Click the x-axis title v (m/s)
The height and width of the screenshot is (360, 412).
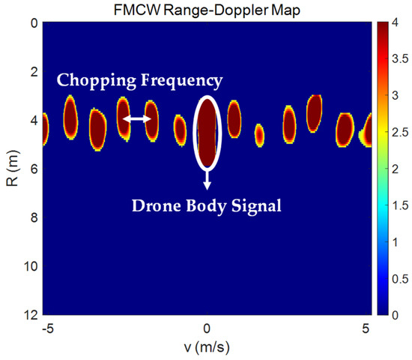(206, 349)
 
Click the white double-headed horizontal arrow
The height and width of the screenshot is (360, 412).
(137, 119)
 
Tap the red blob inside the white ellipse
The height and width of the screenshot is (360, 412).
(207, 131)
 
